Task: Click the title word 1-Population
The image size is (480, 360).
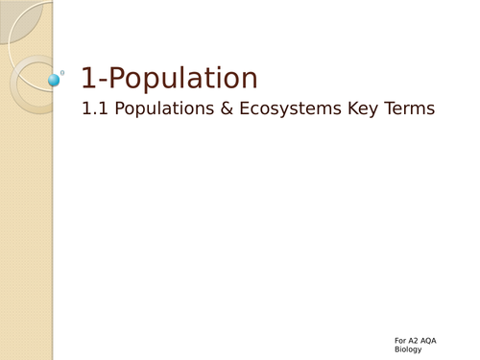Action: (169, 80)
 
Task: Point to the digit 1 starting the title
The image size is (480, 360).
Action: (87, 79)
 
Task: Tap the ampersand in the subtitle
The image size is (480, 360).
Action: (223, 109)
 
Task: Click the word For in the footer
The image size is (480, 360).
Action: (400, 340)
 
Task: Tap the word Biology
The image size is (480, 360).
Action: (408, 350)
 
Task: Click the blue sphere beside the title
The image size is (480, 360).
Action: (53, 80)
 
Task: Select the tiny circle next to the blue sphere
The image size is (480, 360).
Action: (62, 72)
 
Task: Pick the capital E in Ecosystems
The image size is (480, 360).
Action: (240, 109)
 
